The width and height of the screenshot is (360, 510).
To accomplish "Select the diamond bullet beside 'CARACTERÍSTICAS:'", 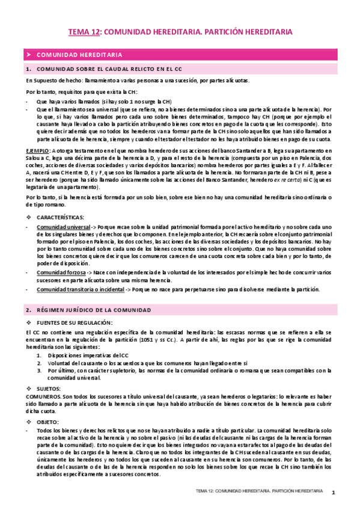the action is (29, 216).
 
